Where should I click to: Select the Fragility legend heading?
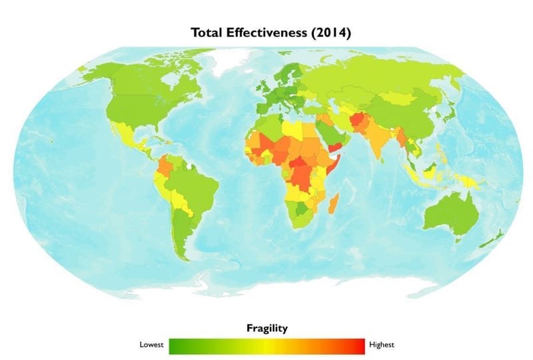click(x=266, y=328)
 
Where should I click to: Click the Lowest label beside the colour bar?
click(x=151, y=345)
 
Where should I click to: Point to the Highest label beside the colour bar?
click(x=382, y=345)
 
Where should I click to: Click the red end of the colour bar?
click(x=358, y=345)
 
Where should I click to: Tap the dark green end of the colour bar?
click(x=175, y=345)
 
